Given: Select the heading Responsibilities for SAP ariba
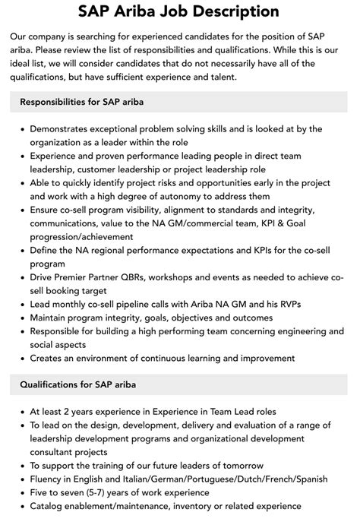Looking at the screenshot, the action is pyautogui.click(x=82, y=101).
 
